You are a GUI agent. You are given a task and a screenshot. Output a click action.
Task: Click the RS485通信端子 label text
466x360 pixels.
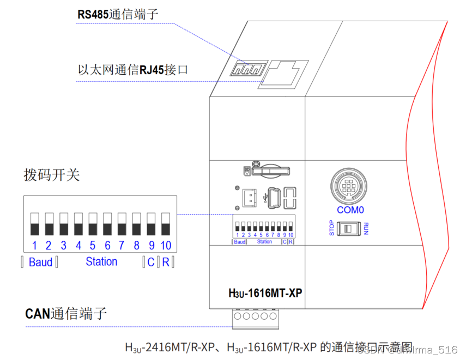[118, 14]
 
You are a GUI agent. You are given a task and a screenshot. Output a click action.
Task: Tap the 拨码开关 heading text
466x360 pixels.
[51, 175]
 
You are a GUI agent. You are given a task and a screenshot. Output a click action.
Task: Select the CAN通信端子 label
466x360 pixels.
[66, 314]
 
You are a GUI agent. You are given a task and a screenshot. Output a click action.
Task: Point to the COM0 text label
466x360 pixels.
[350, 210]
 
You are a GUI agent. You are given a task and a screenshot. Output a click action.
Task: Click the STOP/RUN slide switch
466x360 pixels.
[349, 229]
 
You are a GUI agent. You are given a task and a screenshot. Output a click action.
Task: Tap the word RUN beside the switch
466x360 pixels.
[366, 229]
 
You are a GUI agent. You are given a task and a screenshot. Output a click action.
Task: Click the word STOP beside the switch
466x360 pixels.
[331, 229]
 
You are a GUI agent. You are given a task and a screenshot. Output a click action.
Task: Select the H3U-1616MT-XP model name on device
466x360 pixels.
[265, 293]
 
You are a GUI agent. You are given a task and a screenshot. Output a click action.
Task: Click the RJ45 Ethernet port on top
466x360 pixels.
[283, 73]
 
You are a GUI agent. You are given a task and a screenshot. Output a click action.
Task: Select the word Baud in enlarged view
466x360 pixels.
[40, 263]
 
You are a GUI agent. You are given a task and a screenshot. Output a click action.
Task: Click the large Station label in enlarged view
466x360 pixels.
[101, 262]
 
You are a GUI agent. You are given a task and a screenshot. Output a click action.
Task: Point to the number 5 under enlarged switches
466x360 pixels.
[93, 246]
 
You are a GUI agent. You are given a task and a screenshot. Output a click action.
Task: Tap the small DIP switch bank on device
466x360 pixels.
[264, 226]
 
